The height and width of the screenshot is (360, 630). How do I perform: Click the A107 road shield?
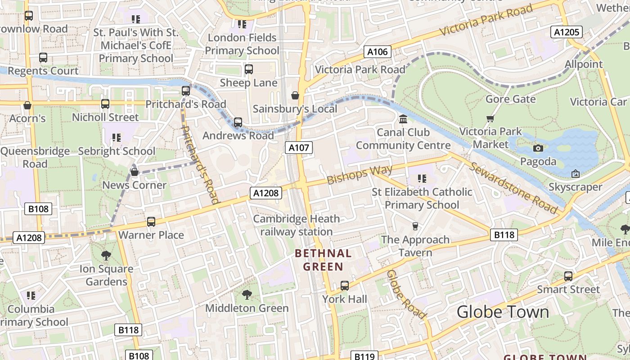(x=298, y=148)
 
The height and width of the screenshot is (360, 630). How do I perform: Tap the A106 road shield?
(x=377, y=52)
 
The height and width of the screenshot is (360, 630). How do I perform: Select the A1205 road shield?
(x=567, y=32)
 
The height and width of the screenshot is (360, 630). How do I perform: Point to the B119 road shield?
(x=364, y=356)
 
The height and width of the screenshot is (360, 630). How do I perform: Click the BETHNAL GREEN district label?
(x=323, y=260)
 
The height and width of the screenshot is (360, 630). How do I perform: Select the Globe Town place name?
(x=503, y=312)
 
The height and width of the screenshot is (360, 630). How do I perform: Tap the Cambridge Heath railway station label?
(x=297, y=225)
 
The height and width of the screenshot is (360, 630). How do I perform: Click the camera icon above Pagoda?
(x=538, y=148)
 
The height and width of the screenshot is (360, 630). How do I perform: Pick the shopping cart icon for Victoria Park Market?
(x=490, y=118)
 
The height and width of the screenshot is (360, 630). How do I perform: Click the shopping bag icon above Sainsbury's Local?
(x=295, y=95)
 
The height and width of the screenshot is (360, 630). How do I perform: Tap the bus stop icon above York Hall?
(x=344, y=285)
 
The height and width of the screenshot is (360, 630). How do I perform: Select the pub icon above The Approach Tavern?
(x=415, y=226)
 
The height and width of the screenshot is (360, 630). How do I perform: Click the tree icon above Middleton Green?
(x=247, y=295)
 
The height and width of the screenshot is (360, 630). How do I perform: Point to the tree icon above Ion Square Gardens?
(x=106, y=256)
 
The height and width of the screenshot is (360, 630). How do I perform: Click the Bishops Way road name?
(x=360, y=175)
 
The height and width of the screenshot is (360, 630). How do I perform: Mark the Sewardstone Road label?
(x=513, y=187)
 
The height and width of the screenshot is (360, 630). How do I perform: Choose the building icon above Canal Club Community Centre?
(x=403, y=119)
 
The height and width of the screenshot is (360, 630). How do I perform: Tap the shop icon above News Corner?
(x=134, y=172)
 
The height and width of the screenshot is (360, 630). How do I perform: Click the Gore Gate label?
(x=510, y=99)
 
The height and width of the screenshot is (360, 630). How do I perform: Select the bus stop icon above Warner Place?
(x=151, y=222)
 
